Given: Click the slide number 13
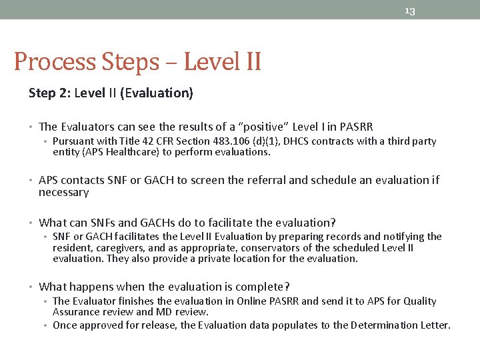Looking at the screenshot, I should click(409, 11).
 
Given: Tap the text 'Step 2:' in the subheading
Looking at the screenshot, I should click(49, 93).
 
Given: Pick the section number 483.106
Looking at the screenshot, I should click(236, 141).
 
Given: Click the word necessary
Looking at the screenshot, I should click(63, 192).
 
